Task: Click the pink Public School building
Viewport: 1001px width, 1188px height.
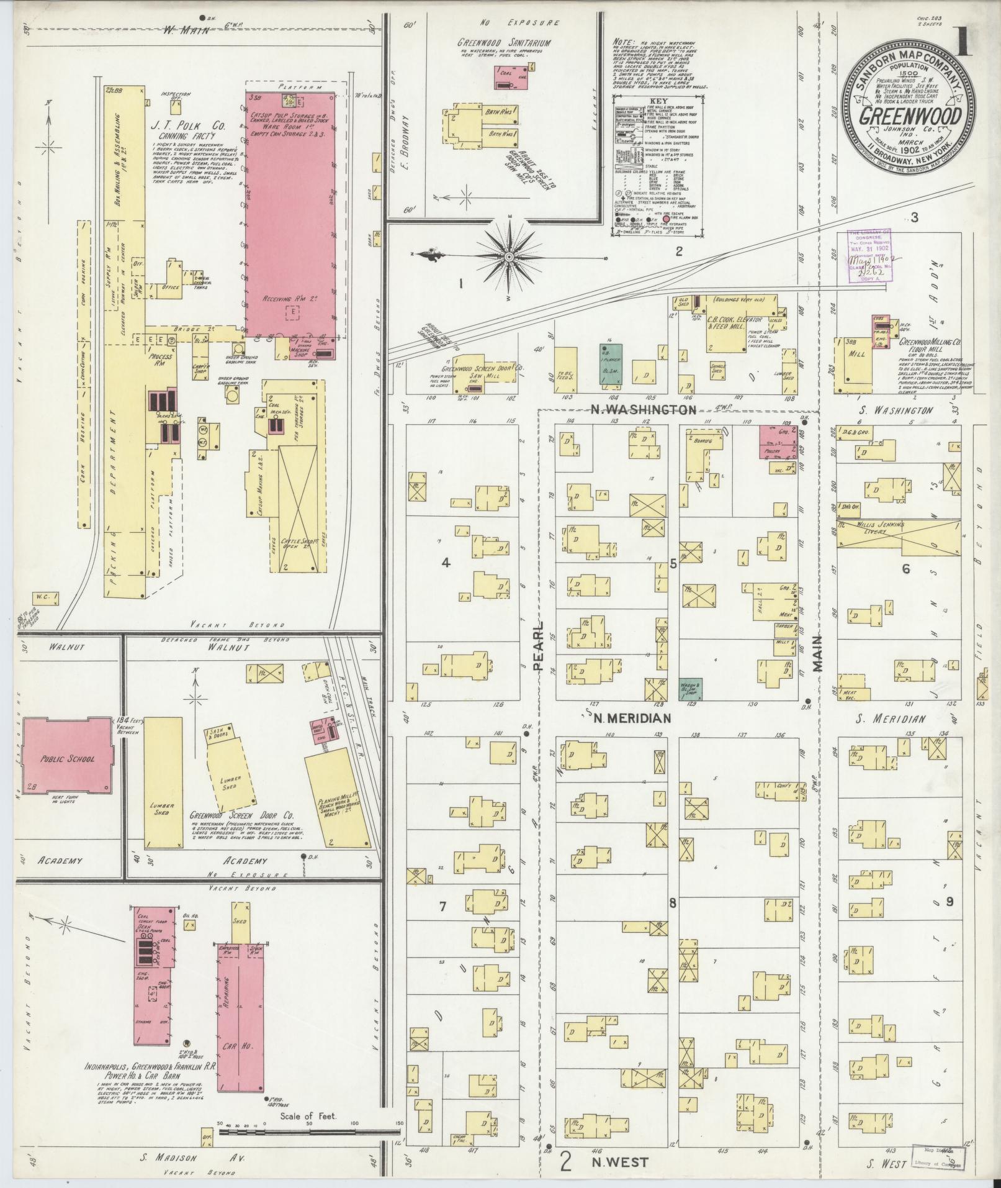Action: coord(68,759)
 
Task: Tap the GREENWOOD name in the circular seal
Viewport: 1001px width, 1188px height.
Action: coord(910,116)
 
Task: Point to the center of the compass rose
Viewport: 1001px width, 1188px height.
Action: coord(509,256)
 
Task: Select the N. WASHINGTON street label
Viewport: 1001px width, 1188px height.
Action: coord(643,410)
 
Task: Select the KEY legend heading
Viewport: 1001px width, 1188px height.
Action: coord(659,101)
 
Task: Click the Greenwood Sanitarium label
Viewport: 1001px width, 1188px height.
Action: coord(504,43)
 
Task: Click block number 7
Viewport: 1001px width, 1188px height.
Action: coord(442,907)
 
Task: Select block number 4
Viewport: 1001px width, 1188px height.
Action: coord(445,563)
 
